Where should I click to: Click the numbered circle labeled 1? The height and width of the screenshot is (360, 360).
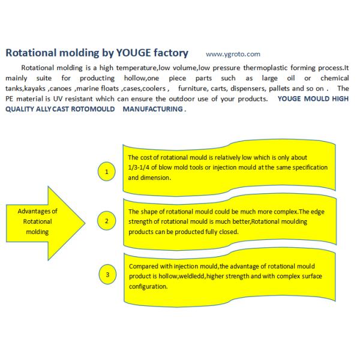pyautogui.click(x=107, y=172)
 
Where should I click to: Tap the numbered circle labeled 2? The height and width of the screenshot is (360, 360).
pyautogui.click(x=107, y=221)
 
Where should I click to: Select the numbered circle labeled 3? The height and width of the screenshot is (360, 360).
pyautogui.click(x=107, y=275)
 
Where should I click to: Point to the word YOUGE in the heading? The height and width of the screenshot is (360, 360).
pyautogui.click(x=127, y=53)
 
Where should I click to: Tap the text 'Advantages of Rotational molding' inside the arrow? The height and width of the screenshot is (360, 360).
pyautogui.click(x=38, y=221)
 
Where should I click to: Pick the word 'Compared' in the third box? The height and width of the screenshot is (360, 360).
pyautogui.click(x=143, y=266)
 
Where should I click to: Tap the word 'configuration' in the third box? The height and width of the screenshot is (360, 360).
pyautogui.click(x=149, y=286)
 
